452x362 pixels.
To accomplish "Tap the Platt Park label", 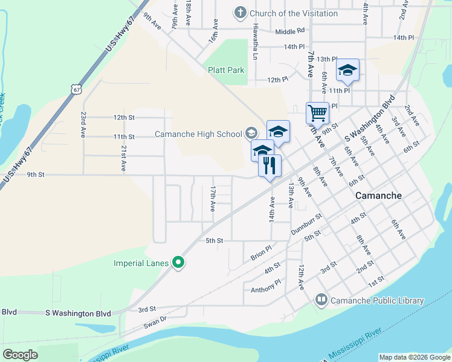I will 226,70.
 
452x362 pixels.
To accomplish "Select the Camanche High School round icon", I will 251,133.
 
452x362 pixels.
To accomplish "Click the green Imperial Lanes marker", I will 178,262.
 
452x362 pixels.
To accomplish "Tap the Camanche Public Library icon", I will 321,300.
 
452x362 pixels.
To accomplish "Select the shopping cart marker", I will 317,112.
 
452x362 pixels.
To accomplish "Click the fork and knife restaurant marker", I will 270,165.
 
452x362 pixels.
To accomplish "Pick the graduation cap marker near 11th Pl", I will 347,70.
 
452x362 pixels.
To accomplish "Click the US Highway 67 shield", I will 75,89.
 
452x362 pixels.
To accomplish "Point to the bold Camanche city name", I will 378,195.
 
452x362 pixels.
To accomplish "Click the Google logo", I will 20,354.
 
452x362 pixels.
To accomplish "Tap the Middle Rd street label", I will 289,31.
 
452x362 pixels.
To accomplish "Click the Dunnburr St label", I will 307,223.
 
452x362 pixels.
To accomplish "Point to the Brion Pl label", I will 262,253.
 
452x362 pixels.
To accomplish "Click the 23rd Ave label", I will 83,125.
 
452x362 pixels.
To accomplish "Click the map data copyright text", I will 414,357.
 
